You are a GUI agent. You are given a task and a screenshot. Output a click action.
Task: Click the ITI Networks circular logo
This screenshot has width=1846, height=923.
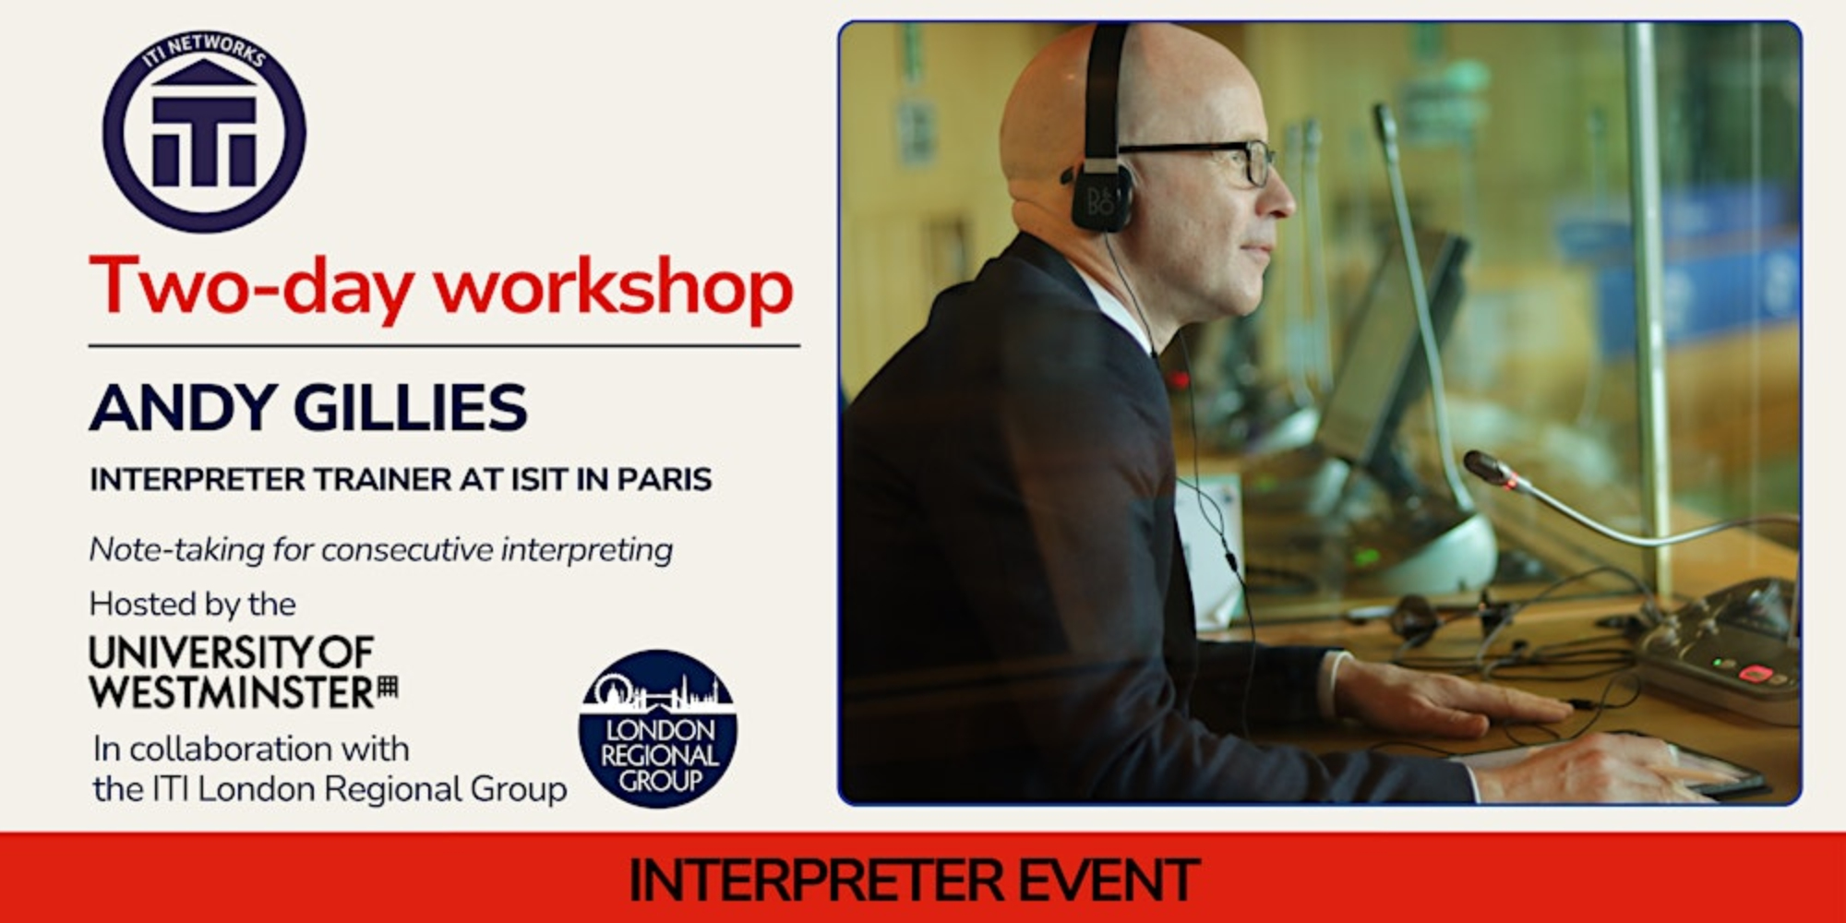click(204, 131)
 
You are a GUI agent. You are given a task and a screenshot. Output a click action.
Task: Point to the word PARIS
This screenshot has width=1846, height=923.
click(665, 479)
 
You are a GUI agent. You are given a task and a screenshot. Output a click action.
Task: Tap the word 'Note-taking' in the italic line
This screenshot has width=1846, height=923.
click(176, 550)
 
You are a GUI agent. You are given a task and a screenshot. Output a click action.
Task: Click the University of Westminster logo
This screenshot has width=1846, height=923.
click(244, 672)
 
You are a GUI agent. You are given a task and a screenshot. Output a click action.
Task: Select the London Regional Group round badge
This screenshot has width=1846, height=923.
click(657, 728)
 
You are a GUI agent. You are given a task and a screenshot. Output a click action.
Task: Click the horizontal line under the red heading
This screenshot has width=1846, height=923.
click(444, 346)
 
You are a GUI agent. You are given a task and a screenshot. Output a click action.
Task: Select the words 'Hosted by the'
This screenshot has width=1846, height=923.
click(193, 605)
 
